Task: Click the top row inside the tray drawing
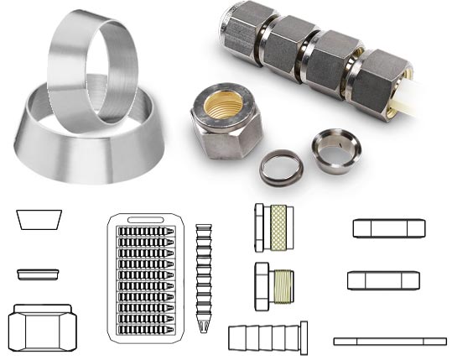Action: [x=146, y=230]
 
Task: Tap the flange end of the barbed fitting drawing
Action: [x=304, y=337]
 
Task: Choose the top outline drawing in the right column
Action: [x=388, y=227]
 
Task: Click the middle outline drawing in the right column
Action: [x=383, y=280]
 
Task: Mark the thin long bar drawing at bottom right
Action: [x=389, y=341]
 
